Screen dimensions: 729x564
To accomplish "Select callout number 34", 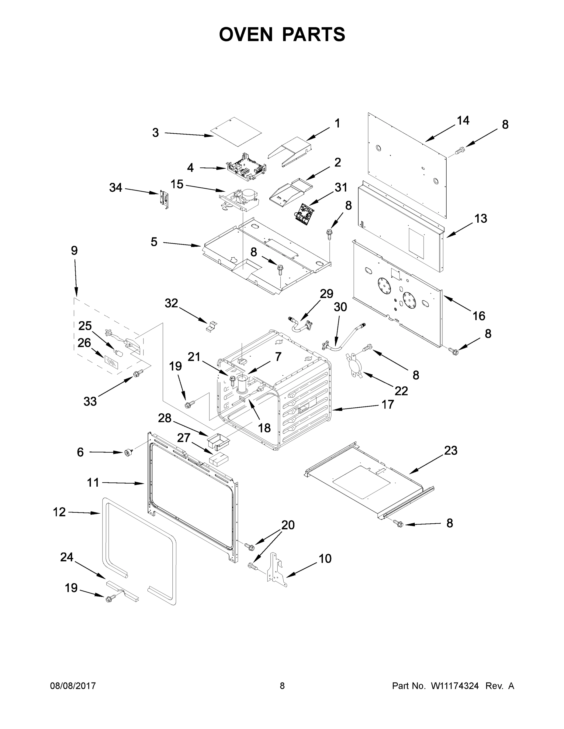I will click(116, 188).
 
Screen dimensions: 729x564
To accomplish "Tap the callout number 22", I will click(401, 391).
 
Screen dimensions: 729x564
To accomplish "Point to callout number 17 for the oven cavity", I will click(388, 405).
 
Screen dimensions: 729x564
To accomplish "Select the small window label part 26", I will click(112, 362).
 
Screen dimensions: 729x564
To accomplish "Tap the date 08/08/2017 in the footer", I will click(73, 686).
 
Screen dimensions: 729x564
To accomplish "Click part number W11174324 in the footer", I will click(455, 686).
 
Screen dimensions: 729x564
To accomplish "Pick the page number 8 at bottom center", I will click(282, 686).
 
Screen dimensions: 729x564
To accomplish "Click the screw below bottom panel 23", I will click(398, 524).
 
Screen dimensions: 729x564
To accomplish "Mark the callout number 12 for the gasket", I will click(59, 512).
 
